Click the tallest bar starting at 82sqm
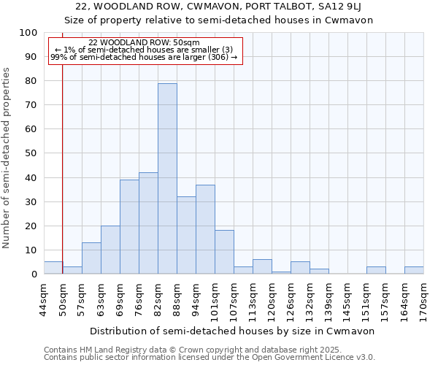167,179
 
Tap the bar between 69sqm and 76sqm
129,227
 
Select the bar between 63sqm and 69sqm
110,250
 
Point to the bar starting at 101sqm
224,252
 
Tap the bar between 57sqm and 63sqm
91,258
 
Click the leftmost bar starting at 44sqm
53,268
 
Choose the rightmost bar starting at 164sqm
414,270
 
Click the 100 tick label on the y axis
28,33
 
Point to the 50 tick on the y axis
31,153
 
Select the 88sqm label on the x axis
177,298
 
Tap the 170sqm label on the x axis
423,300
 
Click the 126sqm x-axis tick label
291,300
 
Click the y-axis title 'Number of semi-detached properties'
7,158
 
